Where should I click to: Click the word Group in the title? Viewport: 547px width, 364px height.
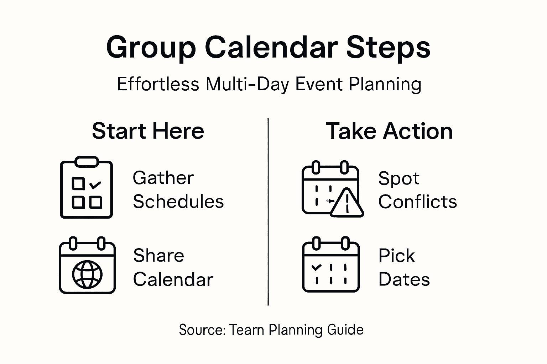coord(151,48)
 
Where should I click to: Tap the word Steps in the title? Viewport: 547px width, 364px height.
coord(388,48)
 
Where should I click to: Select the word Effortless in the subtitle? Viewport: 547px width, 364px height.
coord(158,84)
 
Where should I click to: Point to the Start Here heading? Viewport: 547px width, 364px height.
coord(148,131)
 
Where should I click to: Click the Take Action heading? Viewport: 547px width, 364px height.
coord(389,131)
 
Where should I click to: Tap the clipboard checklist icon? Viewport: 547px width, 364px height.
coord(86,187)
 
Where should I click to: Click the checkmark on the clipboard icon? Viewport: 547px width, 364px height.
coord(95,185)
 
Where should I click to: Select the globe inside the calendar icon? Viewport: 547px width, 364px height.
coord(87,274)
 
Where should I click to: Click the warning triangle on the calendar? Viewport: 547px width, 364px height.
coord(347,203)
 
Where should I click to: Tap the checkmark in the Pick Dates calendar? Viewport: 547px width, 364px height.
coord(317,267)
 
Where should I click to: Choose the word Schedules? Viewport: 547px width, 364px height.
coord(178,202)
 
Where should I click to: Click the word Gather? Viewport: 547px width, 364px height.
coord(163,178)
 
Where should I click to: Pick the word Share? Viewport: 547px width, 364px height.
coord(158,255)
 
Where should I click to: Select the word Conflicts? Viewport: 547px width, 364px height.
coord(418,202)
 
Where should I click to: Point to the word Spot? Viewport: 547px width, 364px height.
coord(399,179)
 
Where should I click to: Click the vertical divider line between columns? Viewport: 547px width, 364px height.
coord(268,212)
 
